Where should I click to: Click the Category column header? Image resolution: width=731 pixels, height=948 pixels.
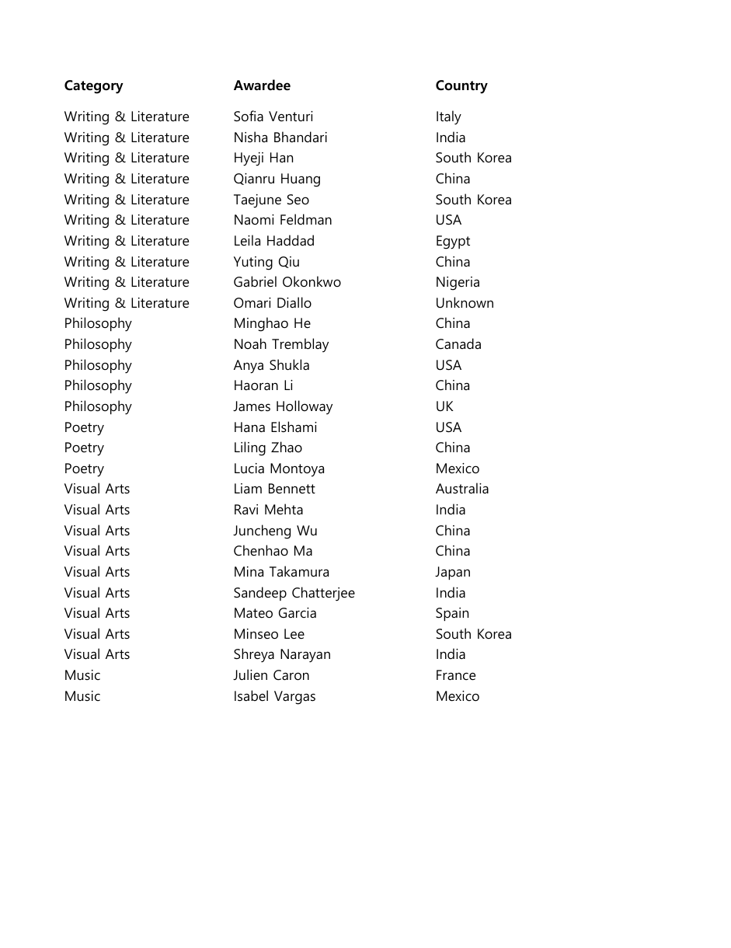point(93,85)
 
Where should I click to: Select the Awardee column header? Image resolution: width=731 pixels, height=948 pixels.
point(262,85)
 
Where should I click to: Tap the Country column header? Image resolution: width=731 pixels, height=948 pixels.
point(461,85)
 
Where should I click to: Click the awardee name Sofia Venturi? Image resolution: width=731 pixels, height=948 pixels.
point(273,117)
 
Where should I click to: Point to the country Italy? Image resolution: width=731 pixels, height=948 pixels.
point(448,117)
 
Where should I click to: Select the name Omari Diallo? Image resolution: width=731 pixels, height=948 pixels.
point(272,303)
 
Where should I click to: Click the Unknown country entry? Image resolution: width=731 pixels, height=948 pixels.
point(465,303)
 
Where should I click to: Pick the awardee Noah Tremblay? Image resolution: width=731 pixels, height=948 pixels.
point(281,344)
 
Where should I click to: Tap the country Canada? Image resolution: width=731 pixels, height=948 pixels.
point(458,344)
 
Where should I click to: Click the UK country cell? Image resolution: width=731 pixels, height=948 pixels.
point(444,406)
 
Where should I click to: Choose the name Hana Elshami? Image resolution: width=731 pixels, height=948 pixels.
point(275,427)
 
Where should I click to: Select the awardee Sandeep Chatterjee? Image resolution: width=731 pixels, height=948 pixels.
point(294,593)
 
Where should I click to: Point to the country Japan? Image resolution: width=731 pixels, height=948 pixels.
point(453,572)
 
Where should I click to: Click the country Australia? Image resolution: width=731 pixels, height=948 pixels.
point(462,489)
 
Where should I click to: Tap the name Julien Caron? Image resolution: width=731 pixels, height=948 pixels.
point(271,675)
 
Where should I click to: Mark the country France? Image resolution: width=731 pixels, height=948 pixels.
point(455,675)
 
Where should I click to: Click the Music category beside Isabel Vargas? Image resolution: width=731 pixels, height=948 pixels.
point(82,696)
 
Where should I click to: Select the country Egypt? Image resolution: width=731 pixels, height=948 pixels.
point(453,241)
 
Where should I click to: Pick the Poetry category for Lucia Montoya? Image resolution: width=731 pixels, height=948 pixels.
point(84,469)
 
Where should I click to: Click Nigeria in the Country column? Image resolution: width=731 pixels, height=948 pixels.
point(458,282)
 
